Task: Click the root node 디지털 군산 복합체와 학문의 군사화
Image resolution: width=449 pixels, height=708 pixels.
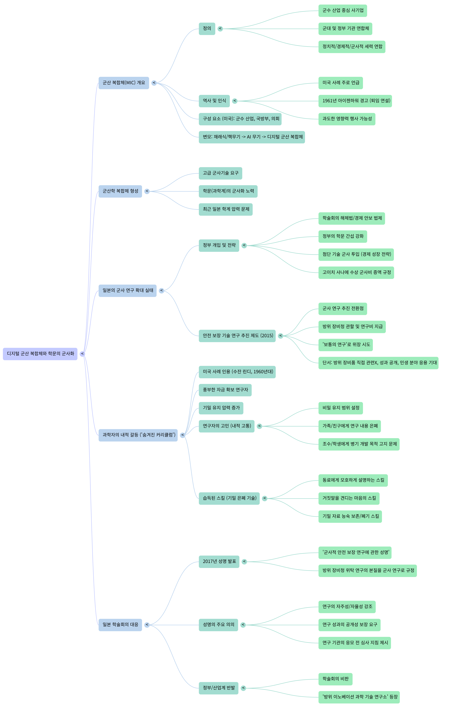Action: [40, 354]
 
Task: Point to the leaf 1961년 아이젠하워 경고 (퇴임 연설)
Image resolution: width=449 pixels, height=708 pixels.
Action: [355, 101]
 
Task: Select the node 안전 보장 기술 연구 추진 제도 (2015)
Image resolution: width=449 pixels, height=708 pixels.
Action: [237, 336]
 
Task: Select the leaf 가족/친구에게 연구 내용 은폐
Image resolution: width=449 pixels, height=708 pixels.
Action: [349, 426]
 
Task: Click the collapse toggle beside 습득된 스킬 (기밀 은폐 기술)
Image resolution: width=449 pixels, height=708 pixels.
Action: [265, 498]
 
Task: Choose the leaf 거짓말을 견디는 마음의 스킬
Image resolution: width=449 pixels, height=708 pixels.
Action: [349, 498]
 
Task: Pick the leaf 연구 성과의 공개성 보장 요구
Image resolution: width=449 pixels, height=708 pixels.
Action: [349, 625]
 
